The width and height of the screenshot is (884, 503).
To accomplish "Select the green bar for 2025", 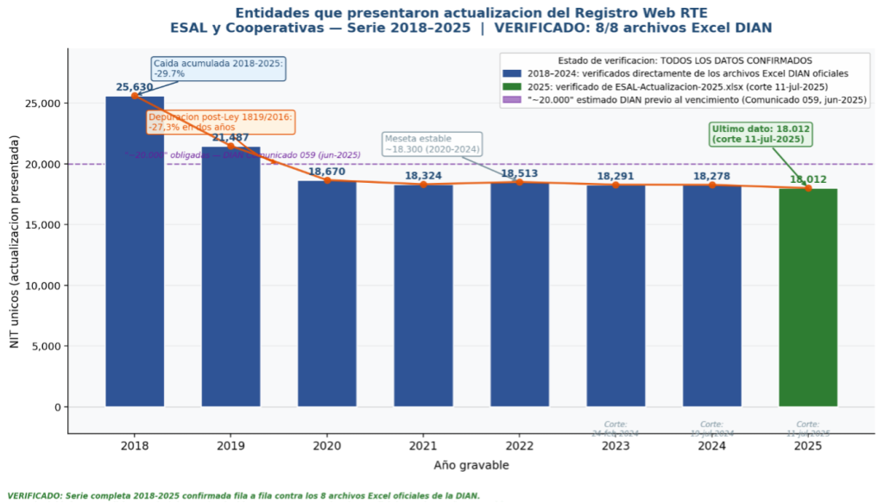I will click(808, 297).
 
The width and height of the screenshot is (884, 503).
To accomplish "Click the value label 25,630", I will click(135, 87).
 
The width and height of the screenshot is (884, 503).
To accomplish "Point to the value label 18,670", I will click(327, 172).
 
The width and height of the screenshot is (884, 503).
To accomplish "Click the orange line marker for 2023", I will click(616, 185).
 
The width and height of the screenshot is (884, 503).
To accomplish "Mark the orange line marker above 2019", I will click(230, 146).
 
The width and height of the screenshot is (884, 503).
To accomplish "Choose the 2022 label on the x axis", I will click(519, 446).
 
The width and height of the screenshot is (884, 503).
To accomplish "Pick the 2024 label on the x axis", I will click(711, 446).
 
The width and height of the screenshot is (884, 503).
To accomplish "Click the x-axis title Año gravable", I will click(470, 466).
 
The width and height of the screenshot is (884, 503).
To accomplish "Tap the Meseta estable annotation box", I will click(432, 144).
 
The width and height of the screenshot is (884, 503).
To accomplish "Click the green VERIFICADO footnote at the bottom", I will click(243, 496).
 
